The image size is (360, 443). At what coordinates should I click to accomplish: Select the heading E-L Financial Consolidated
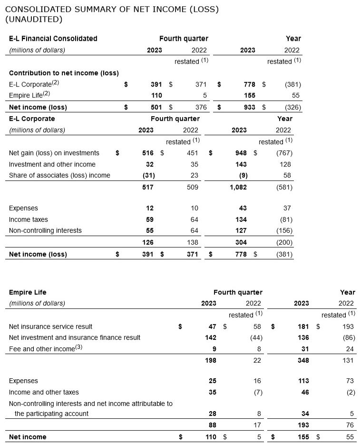tap(53, 39)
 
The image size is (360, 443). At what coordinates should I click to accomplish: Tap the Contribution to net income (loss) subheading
tap(64, 73)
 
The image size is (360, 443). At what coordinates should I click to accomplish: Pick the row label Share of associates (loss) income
tap(59, 176)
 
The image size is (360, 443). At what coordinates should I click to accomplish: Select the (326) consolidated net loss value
tap(292, 107)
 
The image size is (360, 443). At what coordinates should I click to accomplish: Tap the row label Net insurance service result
tap(50, 326)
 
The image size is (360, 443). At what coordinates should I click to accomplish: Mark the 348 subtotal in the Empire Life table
tap(303, 361)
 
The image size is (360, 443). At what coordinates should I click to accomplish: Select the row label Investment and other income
tap(52, 164)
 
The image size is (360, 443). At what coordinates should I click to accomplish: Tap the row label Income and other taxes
tap(44, 392)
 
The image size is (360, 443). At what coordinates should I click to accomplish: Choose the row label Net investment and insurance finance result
tap(75, 337)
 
